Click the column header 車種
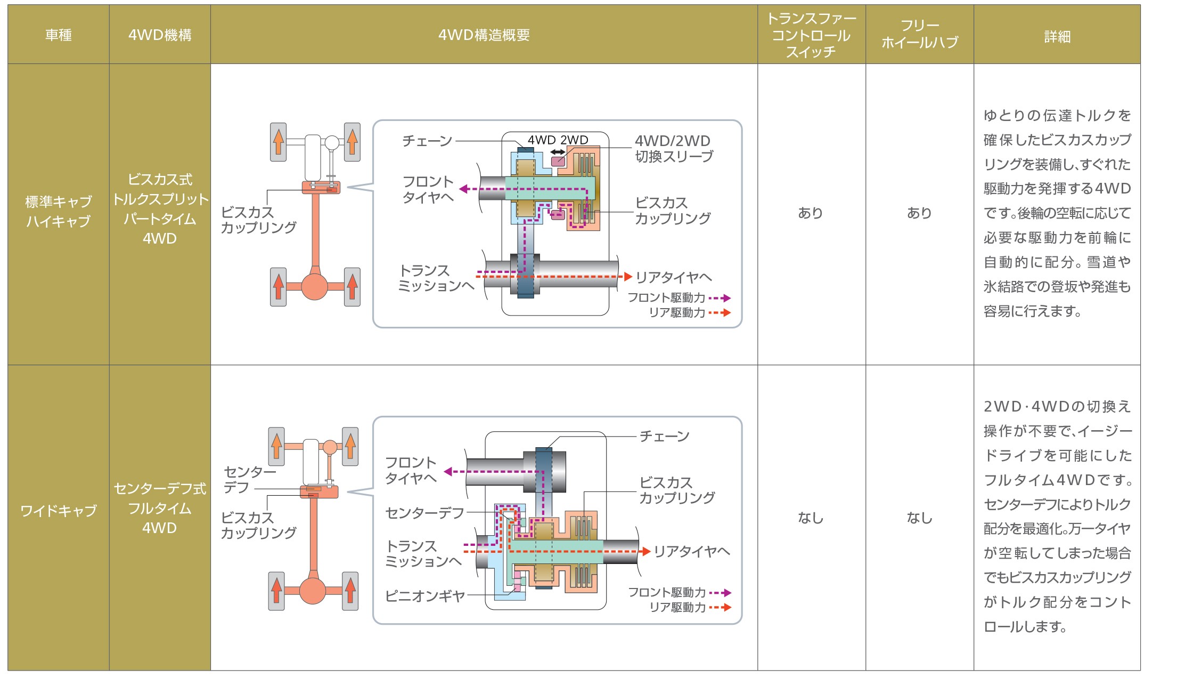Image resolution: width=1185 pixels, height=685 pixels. coord(58,35)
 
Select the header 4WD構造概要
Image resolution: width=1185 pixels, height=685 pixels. coord(484,35)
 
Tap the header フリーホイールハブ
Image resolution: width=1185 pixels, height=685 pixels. coord(919,34)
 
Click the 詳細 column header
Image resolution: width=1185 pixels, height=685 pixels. coord(1057,37)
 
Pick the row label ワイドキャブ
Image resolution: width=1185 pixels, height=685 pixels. coord(58,511)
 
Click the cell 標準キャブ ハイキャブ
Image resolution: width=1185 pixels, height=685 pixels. coord(58,211)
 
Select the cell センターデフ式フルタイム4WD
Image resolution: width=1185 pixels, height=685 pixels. coord(159,508)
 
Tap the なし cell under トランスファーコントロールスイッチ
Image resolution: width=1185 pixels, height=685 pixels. coord(810,518)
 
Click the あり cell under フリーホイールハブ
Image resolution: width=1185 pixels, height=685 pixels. coord(919,213)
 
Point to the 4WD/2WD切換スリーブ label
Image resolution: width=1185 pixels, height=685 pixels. coord(673,149)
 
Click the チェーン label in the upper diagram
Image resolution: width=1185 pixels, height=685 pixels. coord(427,141)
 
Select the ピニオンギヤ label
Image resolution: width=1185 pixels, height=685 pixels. coord(425,595)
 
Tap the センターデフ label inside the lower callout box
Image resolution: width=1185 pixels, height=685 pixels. coord(424,513)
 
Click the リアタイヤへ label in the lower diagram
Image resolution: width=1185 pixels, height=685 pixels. coord(691,551)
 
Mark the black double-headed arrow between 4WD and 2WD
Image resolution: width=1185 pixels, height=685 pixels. coord(558,152)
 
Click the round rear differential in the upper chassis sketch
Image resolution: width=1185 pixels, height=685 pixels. coord(314,286)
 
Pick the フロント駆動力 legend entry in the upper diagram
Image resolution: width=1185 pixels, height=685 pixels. coord(677,298)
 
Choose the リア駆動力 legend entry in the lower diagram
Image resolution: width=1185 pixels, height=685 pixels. coord(689,607)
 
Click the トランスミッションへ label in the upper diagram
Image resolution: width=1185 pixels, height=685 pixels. coord(436,278)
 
